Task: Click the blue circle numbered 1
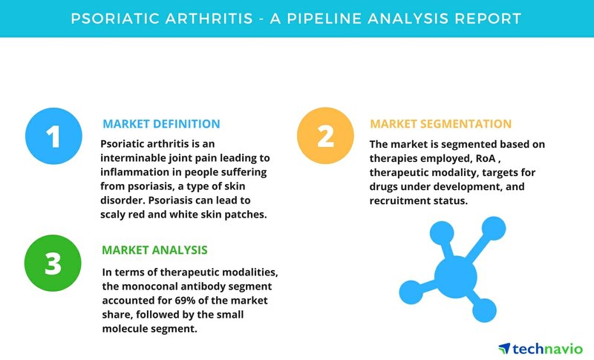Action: coord(53,137)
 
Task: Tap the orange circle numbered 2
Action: coord(325,136)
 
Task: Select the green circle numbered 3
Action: coord(53,263)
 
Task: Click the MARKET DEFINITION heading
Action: coord(161,124)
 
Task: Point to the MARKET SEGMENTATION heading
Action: coord(440,124)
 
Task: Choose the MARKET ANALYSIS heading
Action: coord(154,250)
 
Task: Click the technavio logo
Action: coord(541,348)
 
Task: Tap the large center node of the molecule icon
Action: coord(455,276)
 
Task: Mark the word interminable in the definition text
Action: coord(128,158)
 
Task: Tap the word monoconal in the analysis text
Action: coord(146,287)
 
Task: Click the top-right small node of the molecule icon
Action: coord(494,229)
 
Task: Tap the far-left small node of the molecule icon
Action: coord(411,292)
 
